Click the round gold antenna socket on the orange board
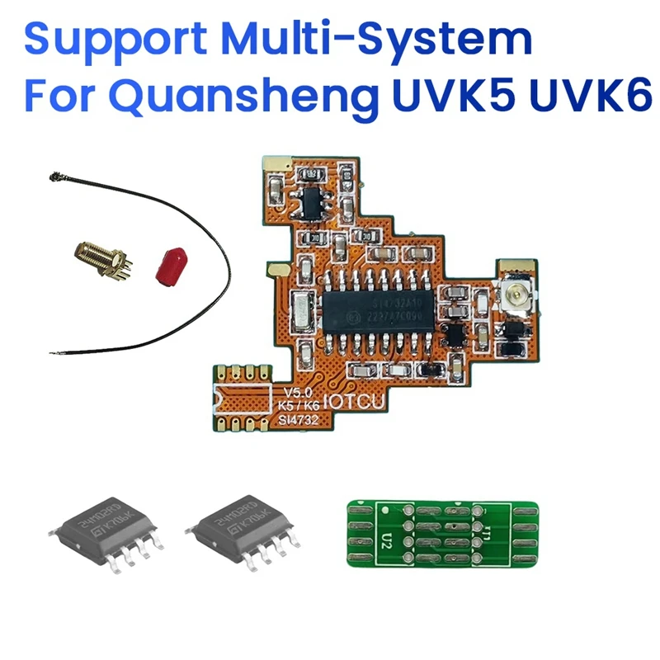[519, 292]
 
